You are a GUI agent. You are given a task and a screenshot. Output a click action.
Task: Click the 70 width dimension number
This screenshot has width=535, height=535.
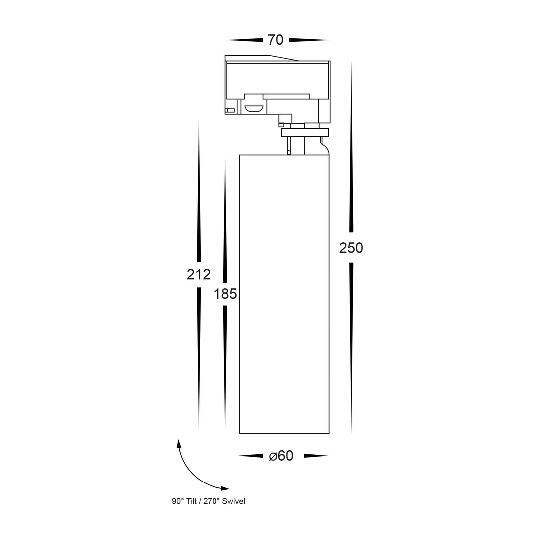(276, 40)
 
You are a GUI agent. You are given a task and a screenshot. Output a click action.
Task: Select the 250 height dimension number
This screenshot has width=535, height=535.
(351, 248)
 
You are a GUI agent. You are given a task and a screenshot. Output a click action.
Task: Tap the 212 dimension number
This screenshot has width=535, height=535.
(199, 274)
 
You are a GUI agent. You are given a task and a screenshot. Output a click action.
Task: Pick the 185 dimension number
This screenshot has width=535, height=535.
(225, 294)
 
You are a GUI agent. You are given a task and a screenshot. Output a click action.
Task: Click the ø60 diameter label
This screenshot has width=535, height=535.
(281, 456)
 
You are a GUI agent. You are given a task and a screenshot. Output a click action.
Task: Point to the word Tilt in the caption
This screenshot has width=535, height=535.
(192, 501)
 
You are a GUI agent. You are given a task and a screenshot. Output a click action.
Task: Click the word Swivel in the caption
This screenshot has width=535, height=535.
(234, 501)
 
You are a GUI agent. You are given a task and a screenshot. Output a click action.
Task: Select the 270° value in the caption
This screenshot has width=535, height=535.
(212, 501)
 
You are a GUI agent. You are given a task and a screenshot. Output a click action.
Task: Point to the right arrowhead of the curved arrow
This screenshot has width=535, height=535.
(225, 488)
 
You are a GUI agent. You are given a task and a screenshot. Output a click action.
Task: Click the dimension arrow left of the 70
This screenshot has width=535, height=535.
(244, 40)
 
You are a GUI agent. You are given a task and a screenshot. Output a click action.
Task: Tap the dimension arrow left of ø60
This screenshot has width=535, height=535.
(251, 456)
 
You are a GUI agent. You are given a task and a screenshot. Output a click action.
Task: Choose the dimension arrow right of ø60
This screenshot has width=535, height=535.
(316, 456)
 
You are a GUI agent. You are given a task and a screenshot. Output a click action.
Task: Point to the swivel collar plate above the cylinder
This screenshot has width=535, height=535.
(305, 132)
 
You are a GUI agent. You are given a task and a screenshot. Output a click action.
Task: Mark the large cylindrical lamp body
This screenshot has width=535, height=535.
(284, 294)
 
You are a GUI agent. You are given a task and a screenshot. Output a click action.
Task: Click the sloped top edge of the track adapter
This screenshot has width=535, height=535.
(284, 58)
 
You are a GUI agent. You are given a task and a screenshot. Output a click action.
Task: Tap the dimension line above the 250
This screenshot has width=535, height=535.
(351, 147)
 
